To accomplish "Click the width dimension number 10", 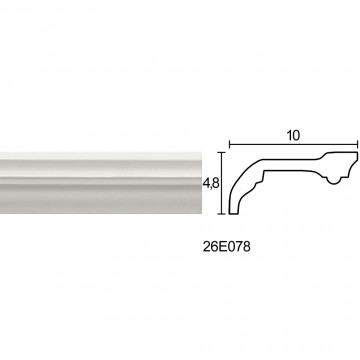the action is coord(293,135).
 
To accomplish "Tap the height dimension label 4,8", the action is coord(211,183).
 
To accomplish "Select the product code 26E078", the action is coord(227,247).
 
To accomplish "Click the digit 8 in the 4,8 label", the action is coord(215,183).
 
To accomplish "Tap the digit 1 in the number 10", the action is coord(289,135).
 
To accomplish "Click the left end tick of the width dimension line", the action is coord(230,144).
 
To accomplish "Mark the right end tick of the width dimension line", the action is coord(358,144).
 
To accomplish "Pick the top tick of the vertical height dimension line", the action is coord(222,152).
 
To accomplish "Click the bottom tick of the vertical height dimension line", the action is coord(222,214).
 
